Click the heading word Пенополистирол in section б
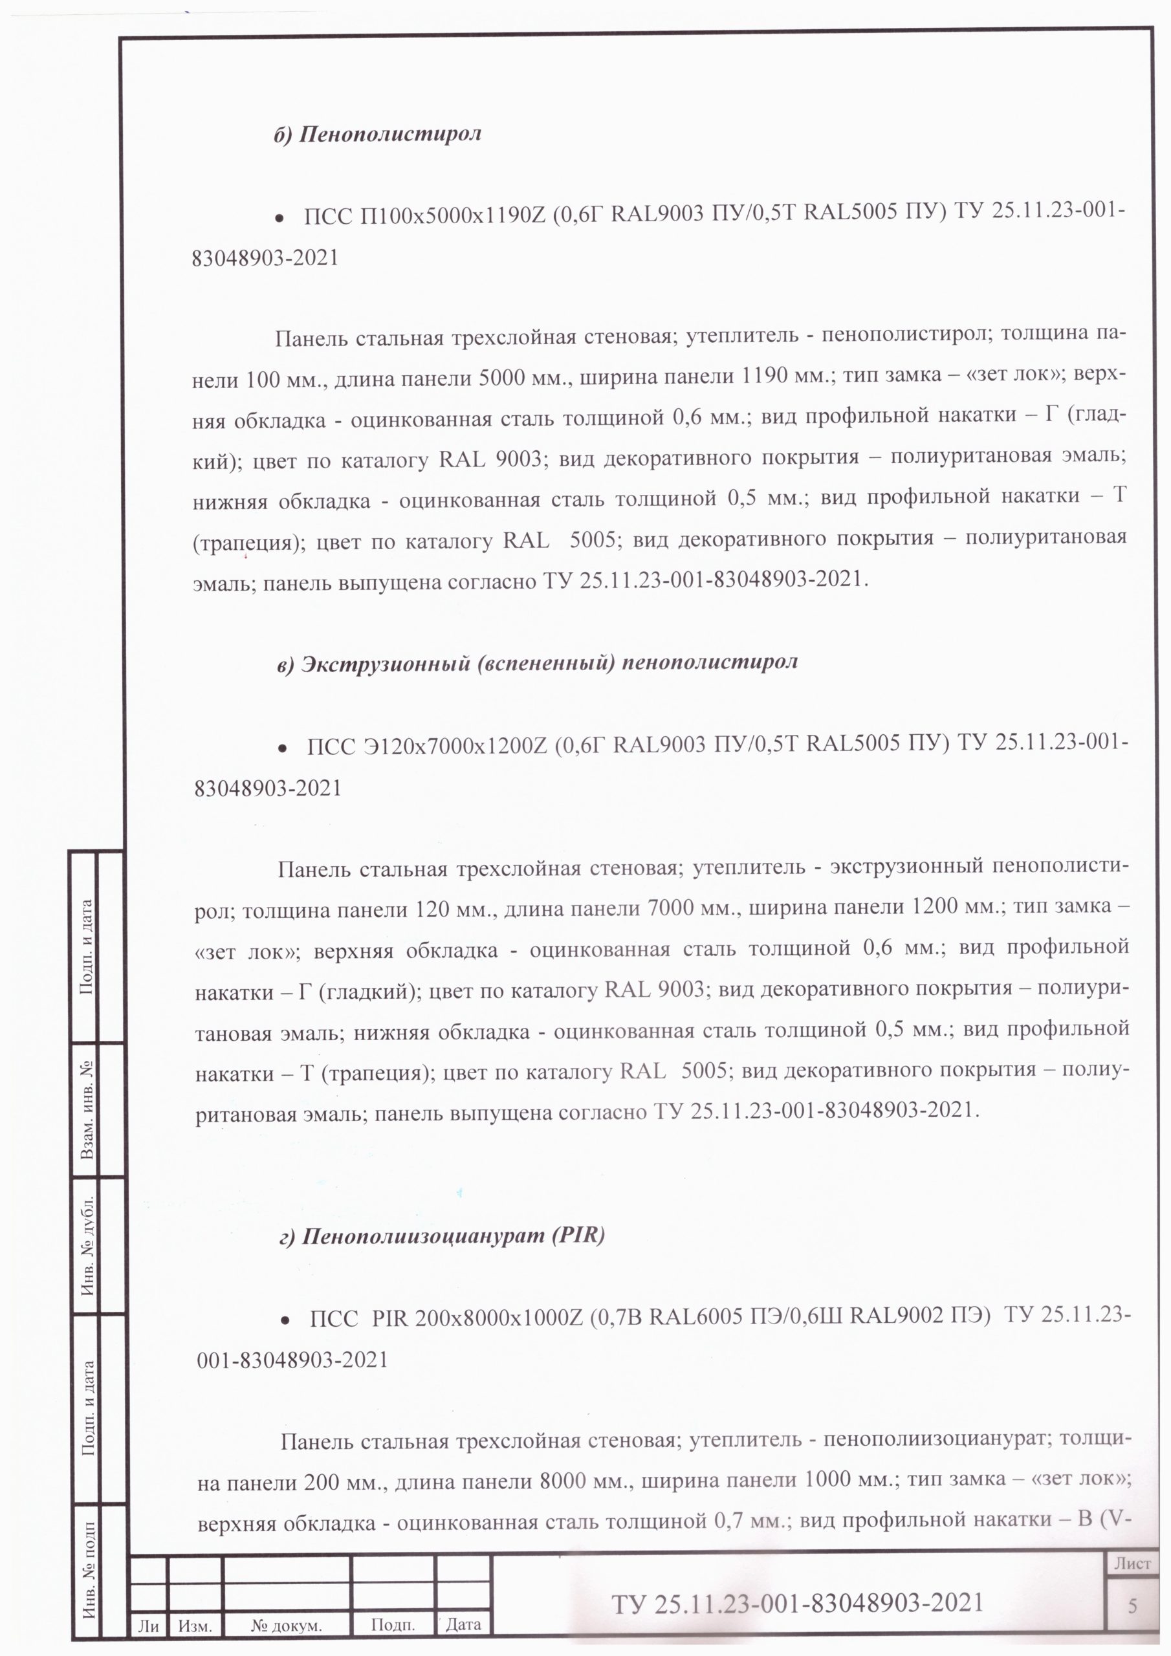tap(389, 134)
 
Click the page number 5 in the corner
tap(1132, 1606)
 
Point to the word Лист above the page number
tap(1132, 1563)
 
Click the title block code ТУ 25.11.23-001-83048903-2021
tap(797, 1602)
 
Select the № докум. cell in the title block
tap(287, 1626)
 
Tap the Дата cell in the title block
tap(463, 1625)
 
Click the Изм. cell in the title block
tap(195, 1626)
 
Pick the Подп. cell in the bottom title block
tap(393, 1625)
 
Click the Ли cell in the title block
tap(148, 1626)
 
